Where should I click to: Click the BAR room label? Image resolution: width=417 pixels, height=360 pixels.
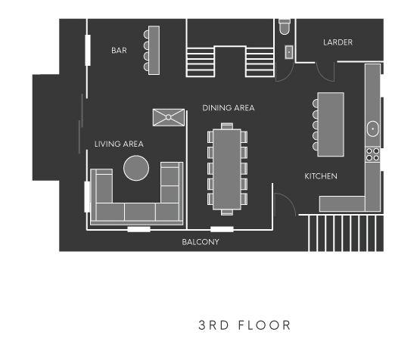[119, 50]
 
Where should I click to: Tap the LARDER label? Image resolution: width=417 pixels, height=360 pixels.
[338, 42]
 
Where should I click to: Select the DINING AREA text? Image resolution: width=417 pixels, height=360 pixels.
[229, 108]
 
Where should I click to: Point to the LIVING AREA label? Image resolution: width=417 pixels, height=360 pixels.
[119, 144]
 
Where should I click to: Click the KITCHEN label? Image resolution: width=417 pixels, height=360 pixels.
[321, 176]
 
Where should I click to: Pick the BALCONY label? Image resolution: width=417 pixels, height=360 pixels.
[201, 242]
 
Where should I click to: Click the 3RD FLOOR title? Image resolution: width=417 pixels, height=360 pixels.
[244, 325]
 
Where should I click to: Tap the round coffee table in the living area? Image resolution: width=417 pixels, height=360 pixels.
[136, 168]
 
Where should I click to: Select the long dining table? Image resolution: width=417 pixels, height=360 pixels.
[227, 169]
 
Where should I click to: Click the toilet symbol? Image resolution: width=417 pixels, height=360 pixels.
[285, 26]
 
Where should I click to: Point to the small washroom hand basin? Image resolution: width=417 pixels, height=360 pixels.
[289, 52]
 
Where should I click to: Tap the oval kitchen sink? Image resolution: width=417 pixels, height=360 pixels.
[373, 129]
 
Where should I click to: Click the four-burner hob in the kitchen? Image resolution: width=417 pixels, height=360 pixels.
[372, 154]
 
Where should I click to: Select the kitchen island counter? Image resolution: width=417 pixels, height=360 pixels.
[331, 124]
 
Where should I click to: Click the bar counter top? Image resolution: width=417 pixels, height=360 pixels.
[154, 50]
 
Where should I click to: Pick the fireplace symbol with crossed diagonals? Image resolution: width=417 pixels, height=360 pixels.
[169, 117]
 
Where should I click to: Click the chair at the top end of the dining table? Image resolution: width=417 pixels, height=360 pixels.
[227, 126]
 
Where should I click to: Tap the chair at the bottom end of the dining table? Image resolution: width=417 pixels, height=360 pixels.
[227, 212]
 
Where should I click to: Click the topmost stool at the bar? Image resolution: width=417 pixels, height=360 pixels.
[146, 34]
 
